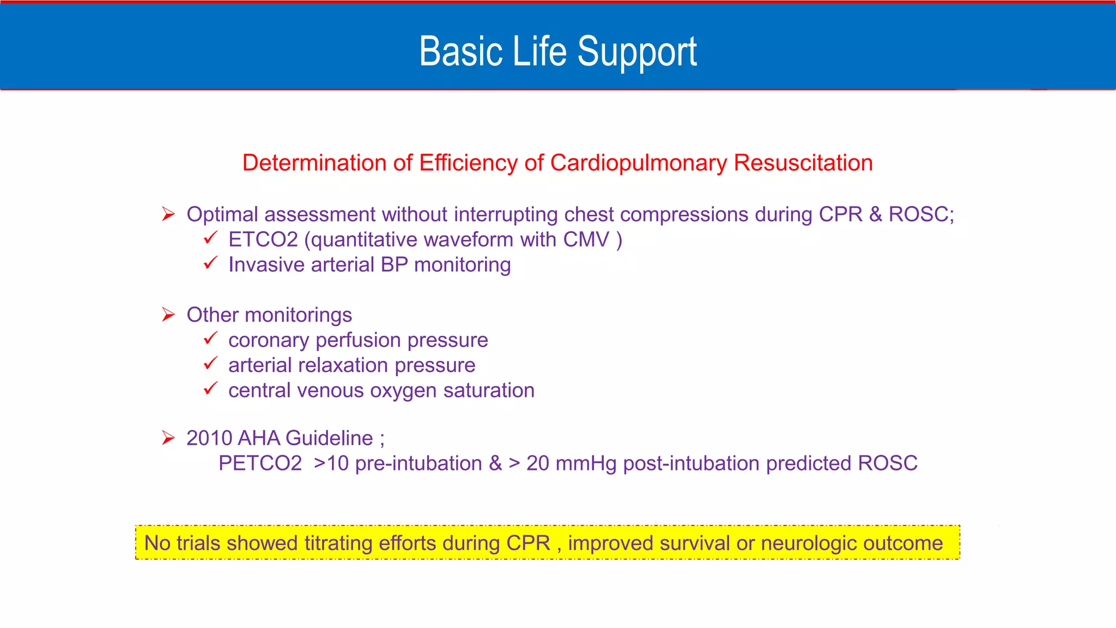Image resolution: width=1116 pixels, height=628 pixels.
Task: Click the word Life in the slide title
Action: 541,51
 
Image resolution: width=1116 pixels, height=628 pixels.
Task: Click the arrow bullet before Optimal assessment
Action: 168,214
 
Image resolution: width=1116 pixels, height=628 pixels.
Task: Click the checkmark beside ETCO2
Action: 210,238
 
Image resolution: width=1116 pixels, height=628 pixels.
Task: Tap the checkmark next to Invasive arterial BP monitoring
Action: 210,263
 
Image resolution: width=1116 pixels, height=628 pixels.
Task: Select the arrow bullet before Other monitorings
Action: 168,315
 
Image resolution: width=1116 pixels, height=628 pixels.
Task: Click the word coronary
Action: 269,341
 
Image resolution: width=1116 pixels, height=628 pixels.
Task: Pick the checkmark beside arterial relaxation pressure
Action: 210,364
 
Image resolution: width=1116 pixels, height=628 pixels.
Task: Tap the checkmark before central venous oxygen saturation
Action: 210,389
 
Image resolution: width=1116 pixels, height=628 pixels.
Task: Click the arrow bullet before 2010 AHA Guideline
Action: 168,438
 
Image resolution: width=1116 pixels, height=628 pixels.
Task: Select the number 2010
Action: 209,438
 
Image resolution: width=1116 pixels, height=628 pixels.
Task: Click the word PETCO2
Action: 260,463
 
